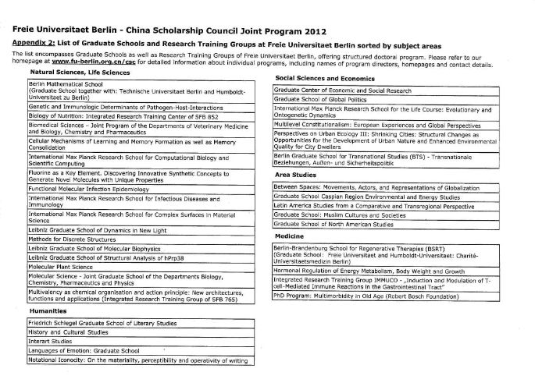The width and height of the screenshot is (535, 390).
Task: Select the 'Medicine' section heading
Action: pyautogui.click(x=289, y=236)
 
